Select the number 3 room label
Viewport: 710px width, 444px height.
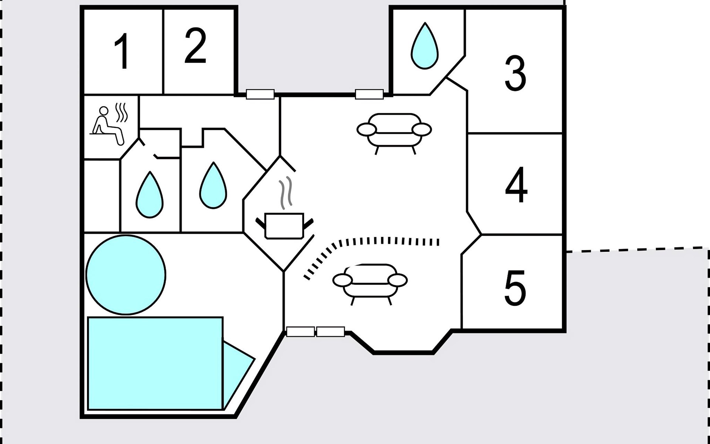click(x=515, y=73)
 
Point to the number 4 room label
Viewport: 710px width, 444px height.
click(x=516, y=185)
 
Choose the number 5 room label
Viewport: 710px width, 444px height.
click(x=515, y=287)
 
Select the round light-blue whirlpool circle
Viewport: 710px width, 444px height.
click(x=126, y=275)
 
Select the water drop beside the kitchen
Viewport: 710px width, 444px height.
click(x=213, y=186)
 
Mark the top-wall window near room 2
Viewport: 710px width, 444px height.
click(x=260, y=94)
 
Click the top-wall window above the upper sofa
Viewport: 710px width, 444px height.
click(x=369, y=94)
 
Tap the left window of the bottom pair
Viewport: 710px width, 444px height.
click(x=300, y=332)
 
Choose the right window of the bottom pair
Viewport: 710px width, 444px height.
click(x=331, y=332)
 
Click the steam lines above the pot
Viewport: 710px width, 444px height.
click(x=285, y=192)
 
